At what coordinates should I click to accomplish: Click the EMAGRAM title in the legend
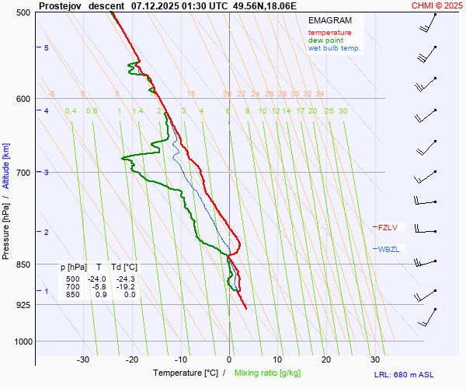pos(329,20)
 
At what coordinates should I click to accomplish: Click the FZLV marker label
pos(388,228)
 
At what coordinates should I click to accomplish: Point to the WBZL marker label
pos(388,249)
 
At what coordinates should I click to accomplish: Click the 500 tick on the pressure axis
pos(22,12)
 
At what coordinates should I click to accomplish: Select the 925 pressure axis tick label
pos(22,305)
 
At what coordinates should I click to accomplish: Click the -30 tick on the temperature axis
pos(83,359)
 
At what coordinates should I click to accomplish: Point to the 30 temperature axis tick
pos(375,359)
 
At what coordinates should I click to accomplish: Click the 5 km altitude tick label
pos(47,48)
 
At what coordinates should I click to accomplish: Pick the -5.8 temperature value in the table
pos(98,287)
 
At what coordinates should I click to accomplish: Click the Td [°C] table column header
pos(123,268)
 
